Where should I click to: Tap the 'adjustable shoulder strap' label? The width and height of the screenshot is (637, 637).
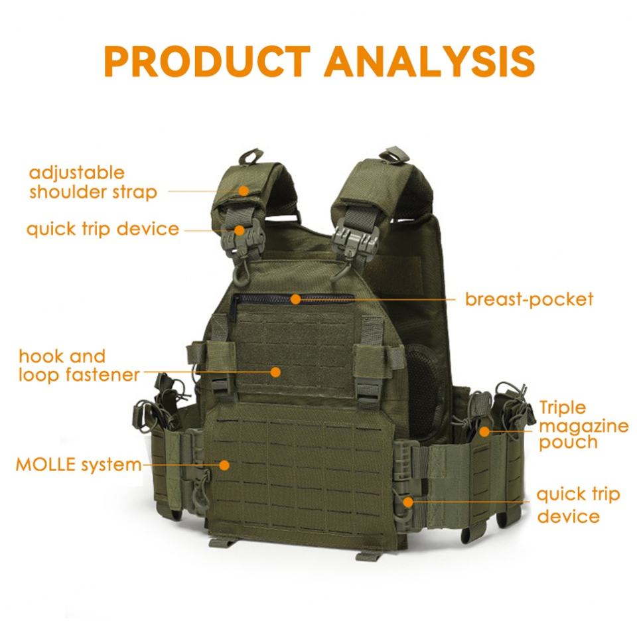pyautogui.click(x=93, y=182)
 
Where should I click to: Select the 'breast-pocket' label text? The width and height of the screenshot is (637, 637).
pyautogui.click(x=529, y=299)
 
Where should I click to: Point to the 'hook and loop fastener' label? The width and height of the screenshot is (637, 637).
pyautogui.click(x=79, y=366)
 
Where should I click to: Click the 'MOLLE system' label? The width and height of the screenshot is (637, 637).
pyautogui.click(x=78, y=464)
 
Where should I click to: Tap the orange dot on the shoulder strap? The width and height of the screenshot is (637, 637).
pyautogui.click(x=244, y=191)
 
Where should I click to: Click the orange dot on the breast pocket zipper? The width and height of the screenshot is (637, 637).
pyautogui.click(x=295, y=299)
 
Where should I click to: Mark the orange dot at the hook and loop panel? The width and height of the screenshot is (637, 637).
pyautogui.click(x=275, y=372)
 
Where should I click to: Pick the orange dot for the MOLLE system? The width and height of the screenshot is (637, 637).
pyautogui.click(x=224, y=465)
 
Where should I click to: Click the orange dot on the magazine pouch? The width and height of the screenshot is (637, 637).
pyautogui.click(x=485, y=432)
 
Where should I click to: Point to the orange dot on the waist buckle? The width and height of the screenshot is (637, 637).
pyautogui.click(x=407, y=501)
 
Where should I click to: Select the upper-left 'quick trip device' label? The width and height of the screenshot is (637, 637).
pyautogui.click(x=103, y=230)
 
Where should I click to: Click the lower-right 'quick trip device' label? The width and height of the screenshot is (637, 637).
pyautogui.click(x=577, y=505)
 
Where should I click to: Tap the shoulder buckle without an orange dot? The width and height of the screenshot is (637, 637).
pyautogui.click(x=347, y=236)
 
